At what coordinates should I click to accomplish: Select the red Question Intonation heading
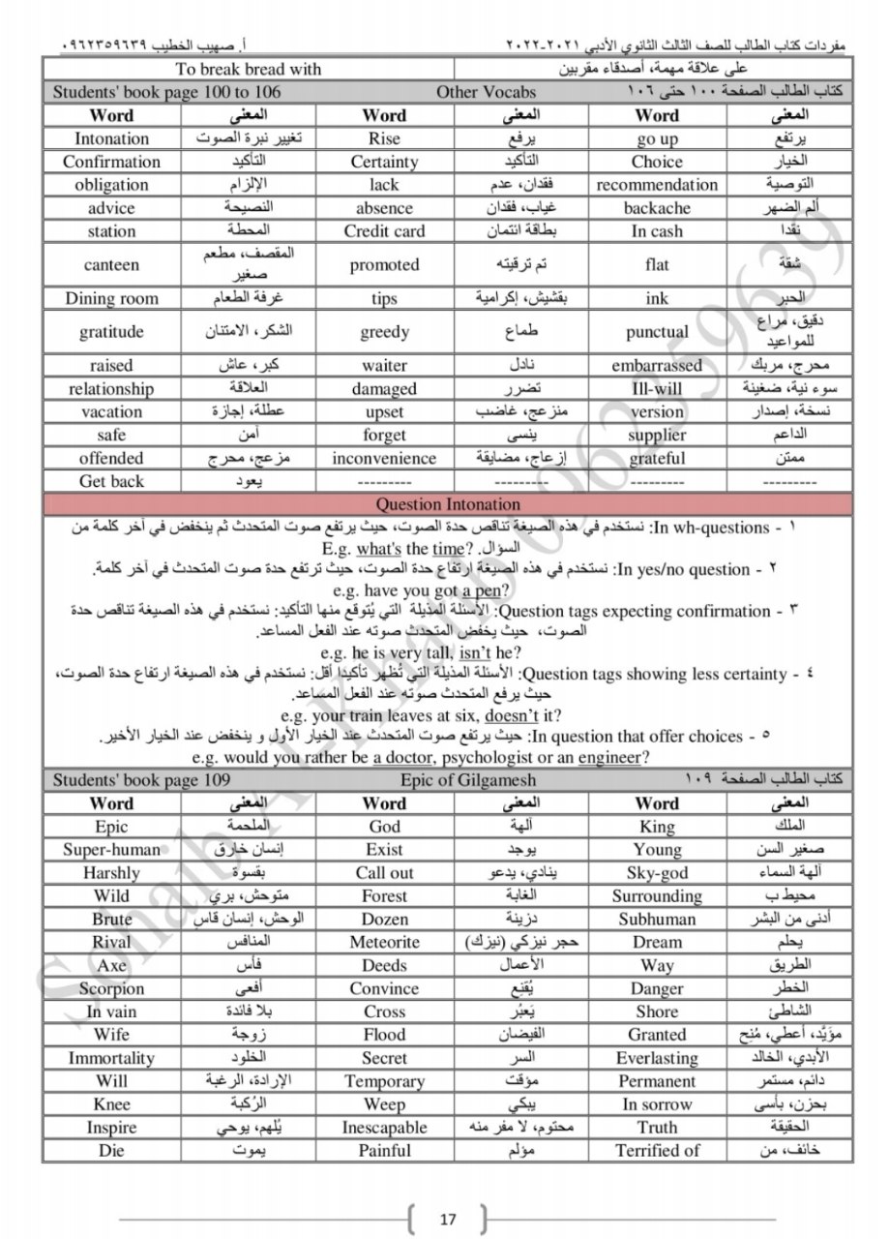coord(447,504)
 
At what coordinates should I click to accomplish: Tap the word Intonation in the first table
coord(112,138)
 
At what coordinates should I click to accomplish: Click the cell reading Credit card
coord(384,231)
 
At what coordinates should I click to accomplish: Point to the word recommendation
coord(657,185)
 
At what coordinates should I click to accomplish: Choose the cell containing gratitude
coord(112,332)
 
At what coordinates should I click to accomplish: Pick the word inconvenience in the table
coord(384,458)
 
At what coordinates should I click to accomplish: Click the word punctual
coord(657,332)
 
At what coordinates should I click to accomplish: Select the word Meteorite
coord(384,942)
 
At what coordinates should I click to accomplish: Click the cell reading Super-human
coord(112,849)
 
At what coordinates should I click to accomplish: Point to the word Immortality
coord(112,1058)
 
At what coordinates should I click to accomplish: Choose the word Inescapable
coord(384,1128)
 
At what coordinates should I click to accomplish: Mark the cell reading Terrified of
coord(657,1151)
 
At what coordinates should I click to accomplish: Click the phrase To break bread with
coord(249,69)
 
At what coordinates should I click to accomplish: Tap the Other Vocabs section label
coord(486,92)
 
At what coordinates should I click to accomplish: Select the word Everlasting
coord(657,1058)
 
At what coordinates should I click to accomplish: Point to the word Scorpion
coord(112,988)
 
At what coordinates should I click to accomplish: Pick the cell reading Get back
coord(112,481)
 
